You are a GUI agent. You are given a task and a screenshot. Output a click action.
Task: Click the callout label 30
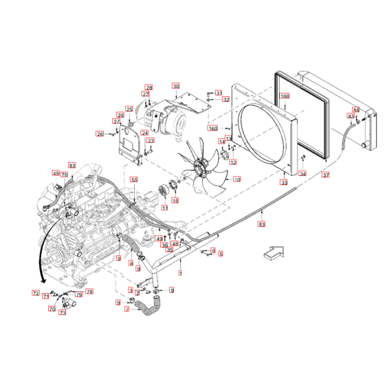click(175, 86)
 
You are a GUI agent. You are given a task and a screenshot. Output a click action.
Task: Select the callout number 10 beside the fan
click(236, 179)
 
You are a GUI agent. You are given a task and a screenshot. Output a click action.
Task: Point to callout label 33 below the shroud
click(284, 183)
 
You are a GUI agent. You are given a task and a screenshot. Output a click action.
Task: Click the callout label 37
click(325, 175)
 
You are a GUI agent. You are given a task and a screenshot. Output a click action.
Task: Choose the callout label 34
click(302, 174)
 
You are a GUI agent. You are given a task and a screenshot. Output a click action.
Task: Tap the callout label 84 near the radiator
click(355, 110)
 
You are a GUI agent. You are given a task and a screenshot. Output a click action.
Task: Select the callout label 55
click(134, 179)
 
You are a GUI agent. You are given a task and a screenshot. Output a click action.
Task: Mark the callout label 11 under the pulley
click(164, 207)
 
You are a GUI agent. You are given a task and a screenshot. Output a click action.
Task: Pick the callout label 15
click(175, 201)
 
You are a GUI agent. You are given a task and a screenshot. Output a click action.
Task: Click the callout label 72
click(35, 294)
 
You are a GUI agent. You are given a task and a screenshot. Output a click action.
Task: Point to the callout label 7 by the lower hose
click(126, 309)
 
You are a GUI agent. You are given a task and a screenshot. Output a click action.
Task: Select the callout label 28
click(148, 87)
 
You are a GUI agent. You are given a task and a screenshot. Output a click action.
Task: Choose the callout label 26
click(100, 134)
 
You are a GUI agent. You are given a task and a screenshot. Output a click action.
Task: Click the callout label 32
click(225, 100)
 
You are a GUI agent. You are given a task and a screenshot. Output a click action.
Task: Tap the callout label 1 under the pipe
click(180, 273)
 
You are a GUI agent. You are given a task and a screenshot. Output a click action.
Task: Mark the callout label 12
click(233, 163)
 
